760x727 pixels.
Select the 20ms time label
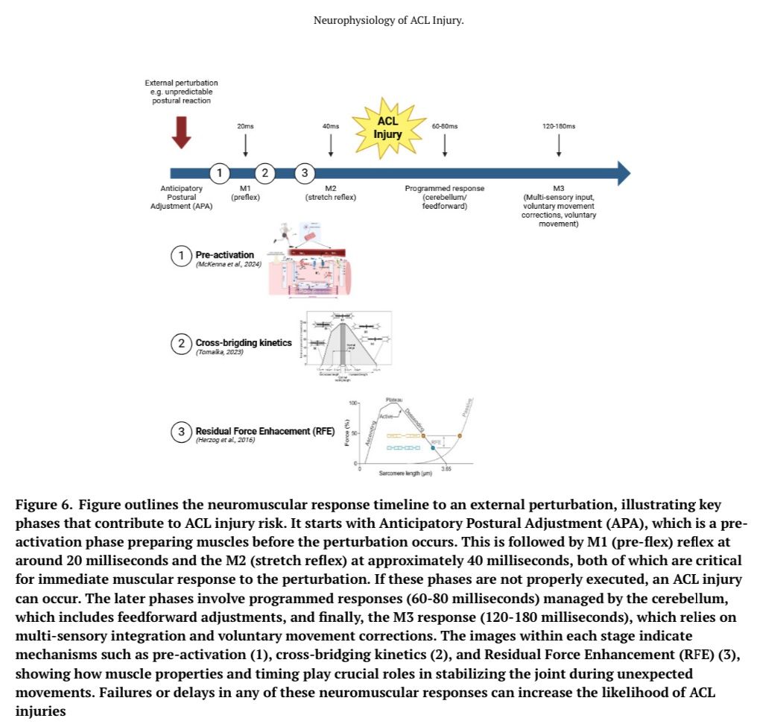[x=245, y=127]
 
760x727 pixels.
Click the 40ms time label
[x=331, y=127]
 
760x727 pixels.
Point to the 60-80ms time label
[x=445, y=127]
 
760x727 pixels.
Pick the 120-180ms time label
[x=559, y=127]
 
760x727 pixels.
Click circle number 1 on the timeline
[x=219, y=174]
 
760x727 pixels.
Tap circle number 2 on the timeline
[x=265, y=174]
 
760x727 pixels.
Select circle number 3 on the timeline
[x=303, y=174]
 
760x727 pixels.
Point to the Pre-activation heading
[x=224, y=255]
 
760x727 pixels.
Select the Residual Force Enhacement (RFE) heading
[x=265, y=431]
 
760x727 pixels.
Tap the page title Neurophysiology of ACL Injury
[x=389, y=20]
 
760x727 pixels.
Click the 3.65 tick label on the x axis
[x=447, y=469]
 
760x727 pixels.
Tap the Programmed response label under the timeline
[x=444, y=189]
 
